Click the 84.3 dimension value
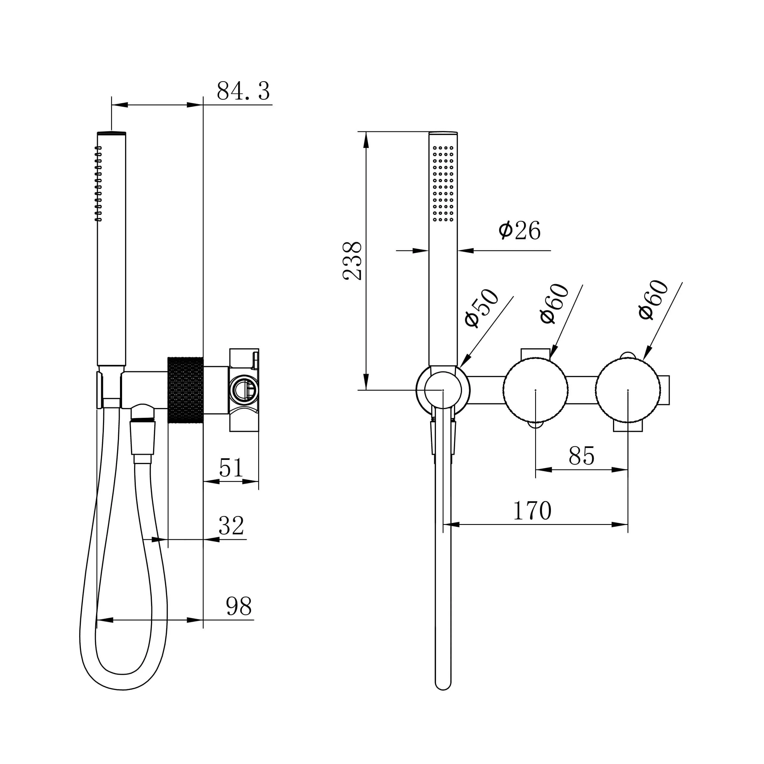pyautogui.click(x=243, y=91)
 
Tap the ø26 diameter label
pyautogui.click(x=519, y=231)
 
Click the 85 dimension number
pyautogui.click(x=581, y=456)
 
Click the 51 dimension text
pyautogui.click(x=231, y=468)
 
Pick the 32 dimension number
pyautogui.click(x=231, y=526)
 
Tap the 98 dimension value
pyautogui.click(x=239, y=606)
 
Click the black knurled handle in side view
pyautogui.click(x=185, y=390)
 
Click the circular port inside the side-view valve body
pyautogui.click(x=244, y=389)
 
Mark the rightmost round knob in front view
pyautogui.click(x=628, y=390)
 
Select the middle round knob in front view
pyautogui.click(x=535, y=390)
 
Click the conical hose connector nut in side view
pyautogui.click(x=142, y=438)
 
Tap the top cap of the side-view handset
pyautogui.click(x=112, y=133)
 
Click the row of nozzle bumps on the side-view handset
pyautogui.click(x=98, y=184)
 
